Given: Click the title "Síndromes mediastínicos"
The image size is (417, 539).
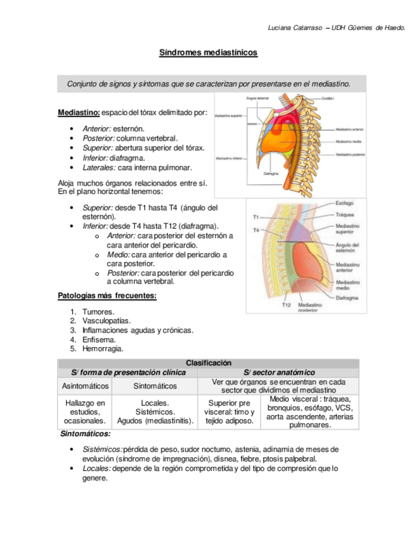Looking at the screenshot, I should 208,53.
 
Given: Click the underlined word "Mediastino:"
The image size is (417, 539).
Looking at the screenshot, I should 78,113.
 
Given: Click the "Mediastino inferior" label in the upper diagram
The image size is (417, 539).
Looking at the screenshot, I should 228,158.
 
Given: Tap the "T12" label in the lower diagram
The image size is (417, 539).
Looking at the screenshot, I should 286,305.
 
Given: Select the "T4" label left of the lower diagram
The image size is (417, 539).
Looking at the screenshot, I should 256,229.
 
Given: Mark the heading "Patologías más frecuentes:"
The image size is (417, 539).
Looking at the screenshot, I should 107,296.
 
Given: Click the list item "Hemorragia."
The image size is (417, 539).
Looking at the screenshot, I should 102,348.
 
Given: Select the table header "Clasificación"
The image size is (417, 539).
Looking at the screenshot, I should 208,363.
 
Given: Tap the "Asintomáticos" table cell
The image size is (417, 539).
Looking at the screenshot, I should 85,386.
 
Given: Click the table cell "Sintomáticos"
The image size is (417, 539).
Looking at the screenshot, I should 155,386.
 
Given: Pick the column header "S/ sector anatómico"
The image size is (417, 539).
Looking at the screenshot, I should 279,372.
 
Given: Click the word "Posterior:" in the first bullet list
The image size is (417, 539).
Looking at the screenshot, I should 98,138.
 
